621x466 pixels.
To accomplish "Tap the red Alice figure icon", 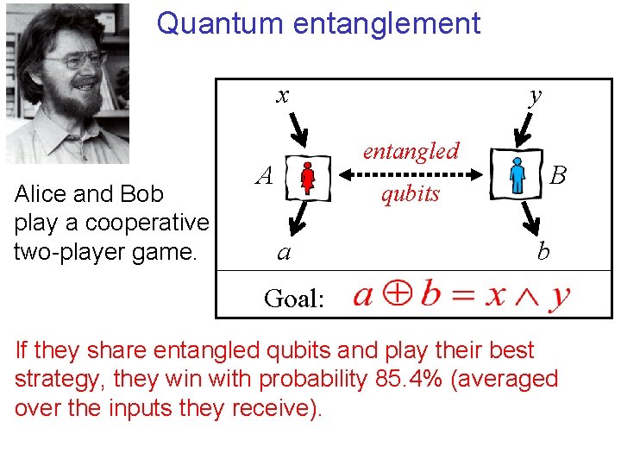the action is click(x=308, y=178).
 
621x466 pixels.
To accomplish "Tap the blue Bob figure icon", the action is click(x=517, y=174).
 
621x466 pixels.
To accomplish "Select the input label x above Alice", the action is click(x=282, y=95).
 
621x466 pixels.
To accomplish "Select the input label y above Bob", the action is click(x=536, y=95).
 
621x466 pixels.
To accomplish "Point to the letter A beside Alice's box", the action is click(x=266, y=176).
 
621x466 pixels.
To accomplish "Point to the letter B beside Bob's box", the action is click(x=558, y=176).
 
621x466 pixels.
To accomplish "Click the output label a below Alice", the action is click(x=283, y=253).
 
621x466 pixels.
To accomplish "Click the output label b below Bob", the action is click(x=543, y=251).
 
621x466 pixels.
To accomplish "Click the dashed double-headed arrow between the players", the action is click(x=410, y=173).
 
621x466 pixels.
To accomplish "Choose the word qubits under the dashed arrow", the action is click(x=411, y=193).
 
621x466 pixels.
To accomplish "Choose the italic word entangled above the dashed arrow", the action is click(x=411, y=151).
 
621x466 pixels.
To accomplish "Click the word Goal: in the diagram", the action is click(x=294, y=299).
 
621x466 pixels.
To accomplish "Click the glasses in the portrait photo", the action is click(x=76, y=61).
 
